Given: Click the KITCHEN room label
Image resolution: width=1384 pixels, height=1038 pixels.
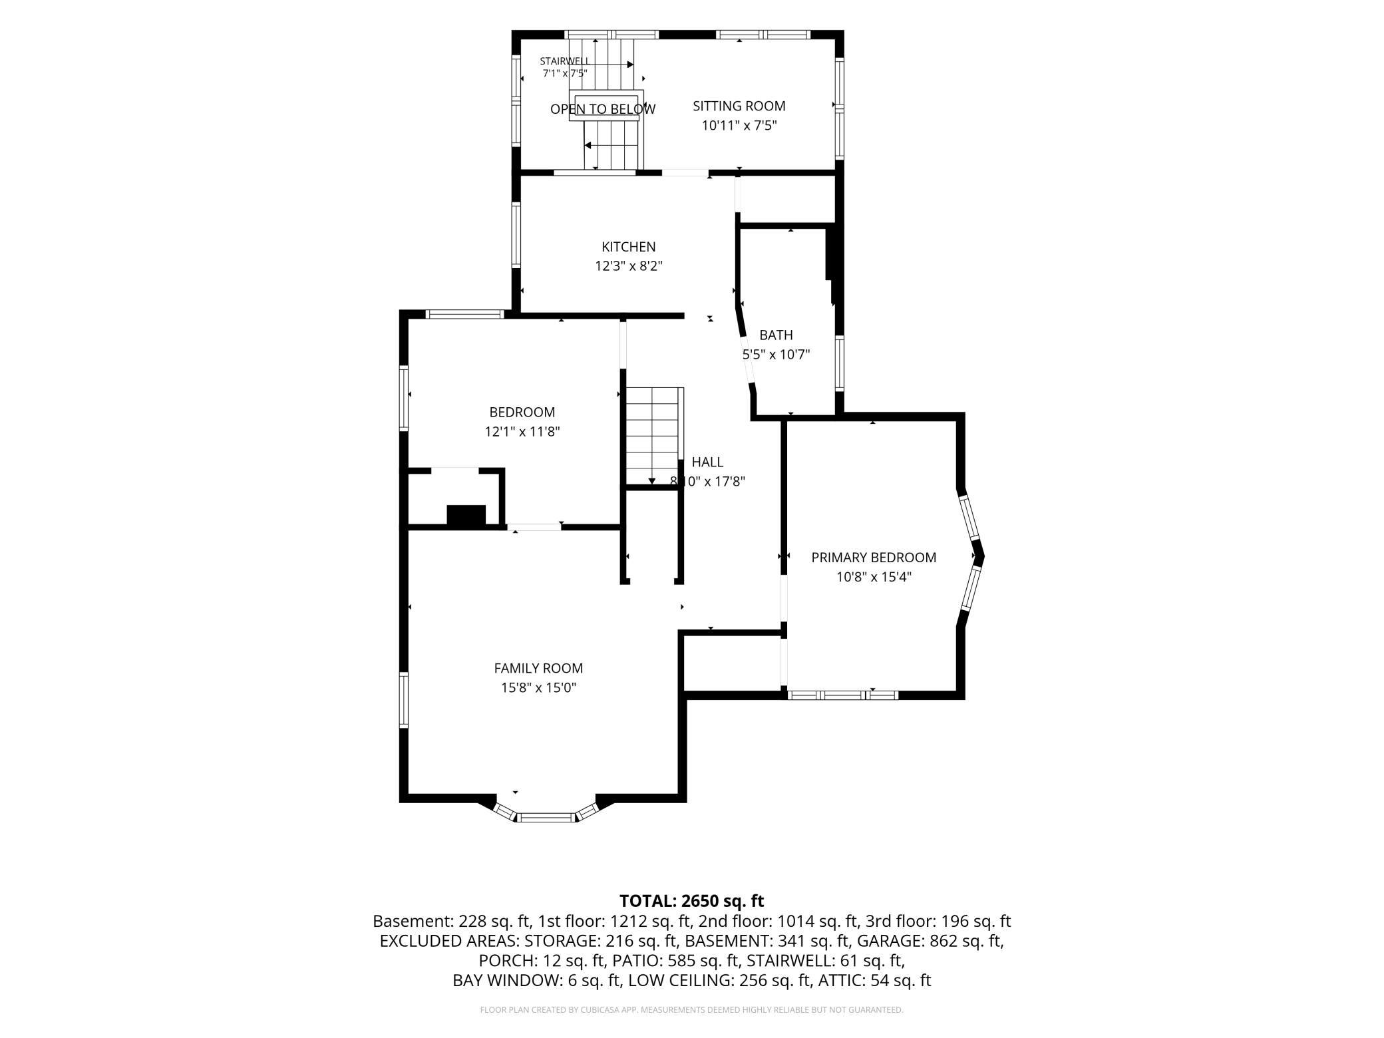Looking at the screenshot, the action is (x=629, y=247).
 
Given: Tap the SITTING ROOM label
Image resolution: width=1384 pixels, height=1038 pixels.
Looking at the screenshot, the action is (x=739, y=106).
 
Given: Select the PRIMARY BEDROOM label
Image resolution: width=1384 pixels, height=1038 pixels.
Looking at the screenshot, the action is (x=874, y=558).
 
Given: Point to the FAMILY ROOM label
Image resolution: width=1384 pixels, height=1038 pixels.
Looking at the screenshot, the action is (x=538, y=668).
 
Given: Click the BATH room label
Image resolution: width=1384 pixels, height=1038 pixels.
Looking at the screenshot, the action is (x=776, y=335).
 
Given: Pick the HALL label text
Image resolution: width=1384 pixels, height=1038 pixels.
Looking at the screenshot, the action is (x=707, y=462).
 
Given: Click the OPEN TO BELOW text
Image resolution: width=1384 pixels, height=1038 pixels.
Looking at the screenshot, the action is (x=603, y=109).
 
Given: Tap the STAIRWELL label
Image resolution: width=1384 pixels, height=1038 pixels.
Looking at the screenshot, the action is (x=565, y=61).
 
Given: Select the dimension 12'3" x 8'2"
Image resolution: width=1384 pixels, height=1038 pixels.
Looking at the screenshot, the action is (x=629, y=266).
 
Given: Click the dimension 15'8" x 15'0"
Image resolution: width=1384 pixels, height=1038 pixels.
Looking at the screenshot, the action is (x=538, y=687).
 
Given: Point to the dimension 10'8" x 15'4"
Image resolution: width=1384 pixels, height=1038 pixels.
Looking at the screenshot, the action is (x=874, y=577).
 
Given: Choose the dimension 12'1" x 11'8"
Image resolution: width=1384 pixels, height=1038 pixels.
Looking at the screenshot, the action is (x=522, y=432).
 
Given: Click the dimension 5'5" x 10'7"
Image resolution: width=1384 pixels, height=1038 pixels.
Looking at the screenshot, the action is (x=776, y=355).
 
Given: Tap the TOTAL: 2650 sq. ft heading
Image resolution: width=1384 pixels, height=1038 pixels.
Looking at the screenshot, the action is (x=692, y=901).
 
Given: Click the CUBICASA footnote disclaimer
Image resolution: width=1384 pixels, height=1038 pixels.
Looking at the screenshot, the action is (x=692, y=1010).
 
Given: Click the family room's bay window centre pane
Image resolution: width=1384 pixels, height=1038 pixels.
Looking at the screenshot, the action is (x=546, y=818).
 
